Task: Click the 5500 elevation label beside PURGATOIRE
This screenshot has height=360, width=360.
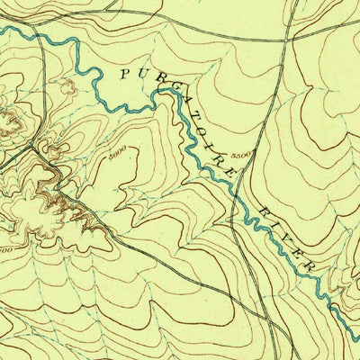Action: (x=240, y=156)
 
